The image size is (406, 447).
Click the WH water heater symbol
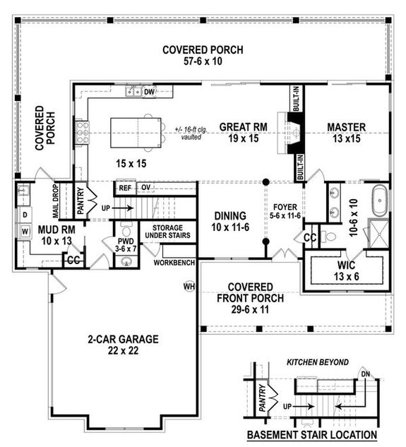coord(189,287)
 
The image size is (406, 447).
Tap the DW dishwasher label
coord(149,92)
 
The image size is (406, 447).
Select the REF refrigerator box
coord(124,188)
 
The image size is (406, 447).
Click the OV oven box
coord(146,188)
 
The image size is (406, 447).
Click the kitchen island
coord(135,133)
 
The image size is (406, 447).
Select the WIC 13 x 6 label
coord(342,270)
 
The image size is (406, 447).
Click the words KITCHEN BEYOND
coord(316,362)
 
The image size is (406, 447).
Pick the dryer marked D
coord(24,213)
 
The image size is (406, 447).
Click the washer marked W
coord(24,231)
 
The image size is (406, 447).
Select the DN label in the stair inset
coord(364,375)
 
